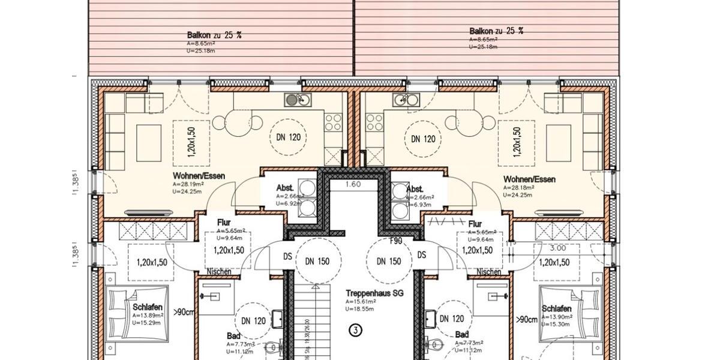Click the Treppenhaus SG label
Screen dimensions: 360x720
tap(368, 293)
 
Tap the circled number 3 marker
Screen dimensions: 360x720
tap(356, 329)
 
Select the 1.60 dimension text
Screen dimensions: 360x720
tap(353, 184)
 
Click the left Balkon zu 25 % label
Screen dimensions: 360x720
tap(214, 35)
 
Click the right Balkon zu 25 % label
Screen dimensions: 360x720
tap(496, 31)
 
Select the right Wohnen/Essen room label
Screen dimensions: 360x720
tap(529, 179)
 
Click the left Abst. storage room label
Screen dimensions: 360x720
tap(285, 187)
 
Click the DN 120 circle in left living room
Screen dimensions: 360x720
tap(288, 137)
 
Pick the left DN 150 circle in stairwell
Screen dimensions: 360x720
tap(317, 261)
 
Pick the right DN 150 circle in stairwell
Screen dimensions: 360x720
tap(388, 261)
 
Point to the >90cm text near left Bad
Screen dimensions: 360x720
tap(184, 311)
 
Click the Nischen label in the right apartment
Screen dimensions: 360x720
tap(488, 272)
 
